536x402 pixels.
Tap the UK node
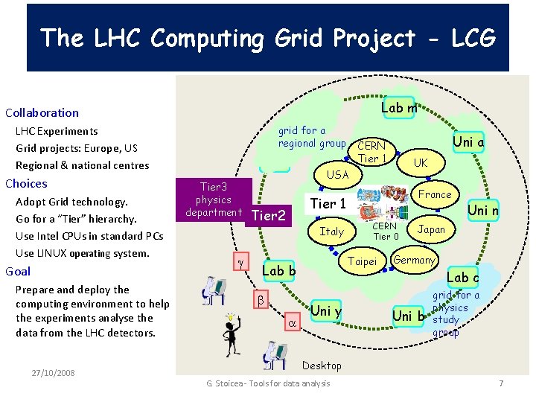coord(421,162)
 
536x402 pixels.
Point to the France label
coord(435,194)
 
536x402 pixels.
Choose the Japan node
coord(431,229)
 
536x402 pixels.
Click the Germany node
coord(413,260)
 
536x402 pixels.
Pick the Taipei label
coord(363,262)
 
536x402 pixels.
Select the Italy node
coord(331,232)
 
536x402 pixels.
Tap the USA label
coord(338,174)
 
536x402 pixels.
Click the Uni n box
coord(482,211)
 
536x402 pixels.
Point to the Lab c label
coord(462,278)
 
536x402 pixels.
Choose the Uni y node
coord(325,310)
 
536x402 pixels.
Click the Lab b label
coord(281,271)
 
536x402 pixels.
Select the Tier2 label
coord(269,216)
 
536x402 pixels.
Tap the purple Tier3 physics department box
coord(214,200)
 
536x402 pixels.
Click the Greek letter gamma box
coord(240,264)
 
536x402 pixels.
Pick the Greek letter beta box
coord(261,300)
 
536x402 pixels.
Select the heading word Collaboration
coord(42,113)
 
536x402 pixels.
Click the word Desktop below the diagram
coord(322,366)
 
